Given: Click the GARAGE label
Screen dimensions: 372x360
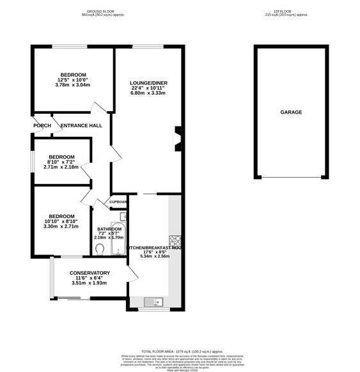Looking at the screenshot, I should pyautogui.click(x=291, y=112).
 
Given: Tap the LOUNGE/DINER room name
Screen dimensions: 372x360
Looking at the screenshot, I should pyautogui.click(x=149, y=82).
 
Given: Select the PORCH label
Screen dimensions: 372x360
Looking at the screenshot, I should pyautogui.click(x=42, y=125).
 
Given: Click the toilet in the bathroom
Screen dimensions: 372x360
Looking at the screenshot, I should pyautogui.click(x=100, y=248).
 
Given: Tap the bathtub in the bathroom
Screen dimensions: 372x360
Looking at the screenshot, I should pyautogui.click(x=124, y=241).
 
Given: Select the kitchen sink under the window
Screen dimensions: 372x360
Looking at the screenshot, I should pyautogui.click(x=154, y=301).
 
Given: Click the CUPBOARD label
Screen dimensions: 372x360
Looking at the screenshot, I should pyautogui.click(x=119, y=202).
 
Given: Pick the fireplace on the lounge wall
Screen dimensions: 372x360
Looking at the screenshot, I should pyautogui.click(x=178, y=137).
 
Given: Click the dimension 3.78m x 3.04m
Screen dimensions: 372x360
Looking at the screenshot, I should pyautogui.click(x=73, y=84).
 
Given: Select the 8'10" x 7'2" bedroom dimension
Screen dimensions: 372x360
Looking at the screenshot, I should pyautogui.click(x=61, y=162).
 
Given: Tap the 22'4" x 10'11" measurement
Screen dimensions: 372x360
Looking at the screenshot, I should pyautogui.click(x=149, y=88).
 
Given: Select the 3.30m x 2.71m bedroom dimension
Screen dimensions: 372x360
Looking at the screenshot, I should pyautogui.click(x=61, y=226).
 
